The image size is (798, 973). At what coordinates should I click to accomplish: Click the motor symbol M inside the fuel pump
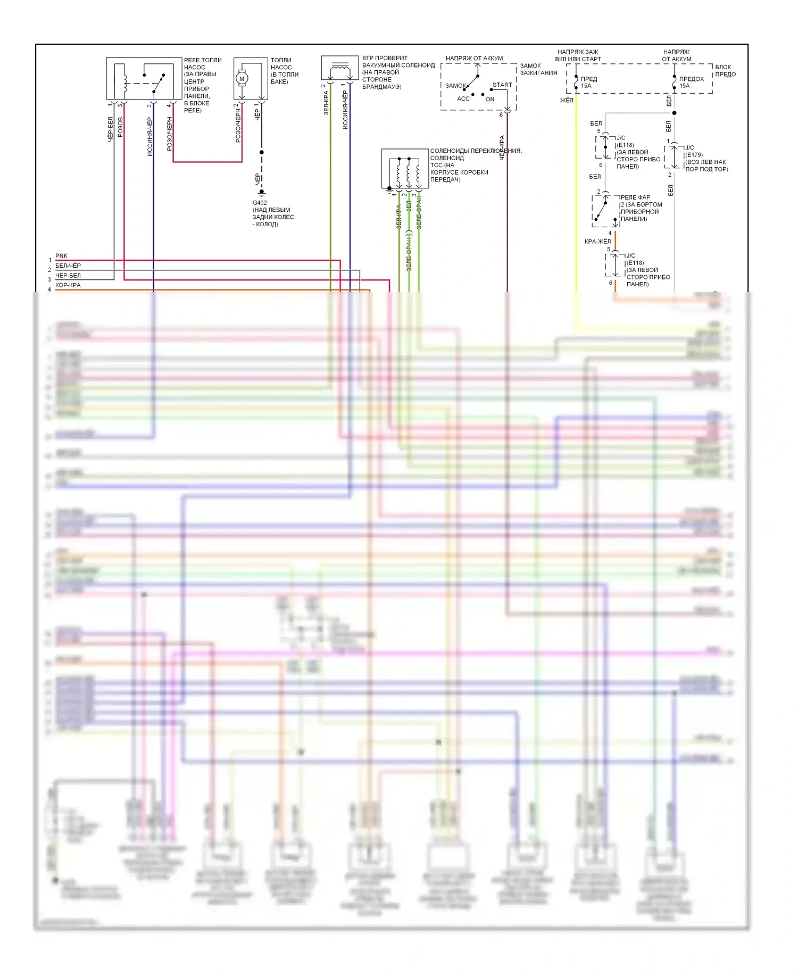click(242, 79)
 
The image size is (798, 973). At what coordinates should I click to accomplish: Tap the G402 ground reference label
click(260, 203)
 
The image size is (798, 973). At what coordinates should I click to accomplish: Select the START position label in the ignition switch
click(502, 85)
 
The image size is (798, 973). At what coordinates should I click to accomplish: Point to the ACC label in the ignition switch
click(463, 98)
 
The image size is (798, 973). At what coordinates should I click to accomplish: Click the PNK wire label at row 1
click(61, 256)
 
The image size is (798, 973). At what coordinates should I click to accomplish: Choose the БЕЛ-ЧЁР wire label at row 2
click(68, 266)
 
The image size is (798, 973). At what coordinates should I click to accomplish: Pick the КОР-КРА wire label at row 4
click(68, 285)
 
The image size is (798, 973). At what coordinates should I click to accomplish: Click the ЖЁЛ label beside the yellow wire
click(567, 100)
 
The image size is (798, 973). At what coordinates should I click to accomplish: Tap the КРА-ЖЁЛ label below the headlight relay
click(598, 242)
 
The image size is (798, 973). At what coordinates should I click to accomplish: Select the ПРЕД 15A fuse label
click(588, 82)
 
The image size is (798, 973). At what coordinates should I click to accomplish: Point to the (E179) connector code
click(694, 155)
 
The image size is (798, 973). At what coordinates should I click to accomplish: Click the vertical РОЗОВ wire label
click(120, 127)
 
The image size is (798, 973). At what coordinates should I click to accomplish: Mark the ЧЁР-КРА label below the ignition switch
click(502, 148)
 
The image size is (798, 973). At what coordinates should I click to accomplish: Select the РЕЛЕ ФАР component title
click(635, 197)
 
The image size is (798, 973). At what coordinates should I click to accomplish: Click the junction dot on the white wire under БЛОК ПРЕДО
click(674, 113)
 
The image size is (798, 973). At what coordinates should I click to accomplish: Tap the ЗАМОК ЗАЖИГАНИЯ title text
click(538, 69)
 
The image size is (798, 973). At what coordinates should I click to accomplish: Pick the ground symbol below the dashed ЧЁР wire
click(261, 192)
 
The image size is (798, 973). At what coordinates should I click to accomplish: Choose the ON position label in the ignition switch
click(490, 99)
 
